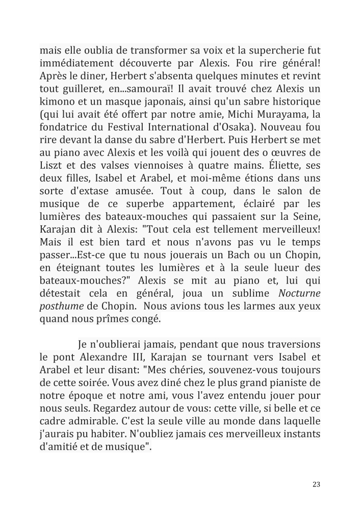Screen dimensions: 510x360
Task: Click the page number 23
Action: [x=316, y=484]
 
